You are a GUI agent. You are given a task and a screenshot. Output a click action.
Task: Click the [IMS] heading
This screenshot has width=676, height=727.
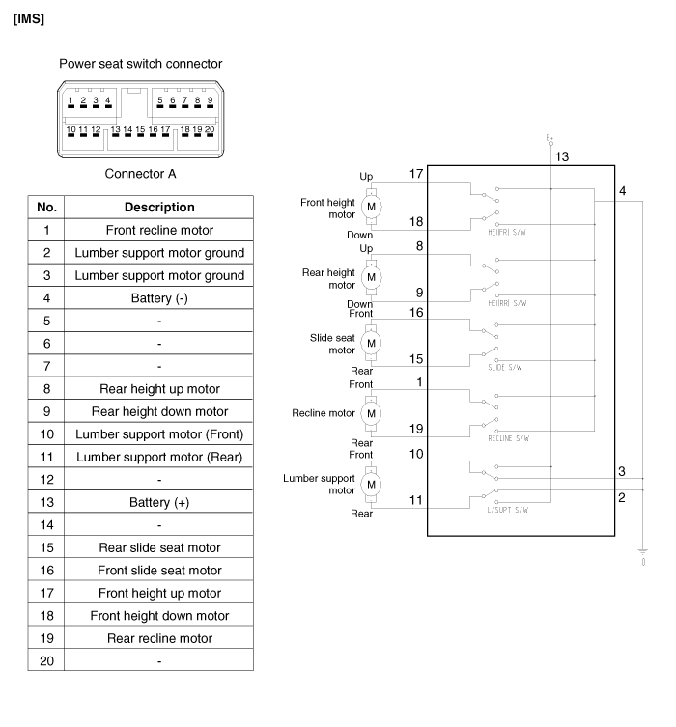[x=30, y=18]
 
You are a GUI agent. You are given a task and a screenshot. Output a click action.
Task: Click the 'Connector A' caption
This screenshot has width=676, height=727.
[x=140, y=174]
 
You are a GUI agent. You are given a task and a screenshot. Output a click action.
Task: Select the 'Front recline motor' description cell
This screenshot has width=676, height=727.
[x=159, y=230]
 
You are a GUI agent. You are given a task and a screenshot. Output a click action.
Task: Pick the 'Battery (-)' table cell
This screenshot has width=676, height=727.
[x=159, y=298]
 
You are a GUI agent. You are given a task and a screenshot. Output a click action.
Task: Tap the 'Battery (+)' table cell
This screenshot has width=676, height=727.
[x=159, y=502]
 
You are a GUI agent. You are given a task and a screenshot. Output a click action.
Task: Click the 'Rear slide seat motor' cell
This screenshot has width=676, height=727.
[x=159, y=547]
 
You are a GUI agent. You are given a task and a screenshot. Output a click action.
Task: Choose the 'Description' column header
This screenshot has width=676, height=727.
[x=159, y=207]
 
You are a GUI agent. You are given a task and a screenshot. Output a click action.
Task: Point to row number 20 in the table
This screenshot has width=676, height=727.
[x=46, y=660]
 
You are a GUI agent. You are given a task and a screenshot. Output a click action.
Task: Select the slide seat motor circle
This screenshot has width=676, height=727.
[x=371, y=343]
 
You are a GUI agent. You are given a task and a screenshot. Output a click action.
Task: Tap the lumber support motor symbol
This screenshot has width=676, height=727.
[x=371, y=483]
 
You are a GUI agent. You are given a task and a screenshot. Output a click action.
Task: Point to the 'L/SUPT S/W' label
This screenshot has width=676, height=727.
[x=508, y=509]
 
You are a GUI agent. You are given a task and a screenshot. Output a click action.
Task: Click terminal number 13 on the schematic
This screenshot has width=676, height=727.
[x=562, y=156]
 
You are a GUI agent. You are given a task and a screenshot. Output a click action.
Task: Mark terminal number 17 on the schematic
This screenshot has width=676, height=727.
[x=416, y=173]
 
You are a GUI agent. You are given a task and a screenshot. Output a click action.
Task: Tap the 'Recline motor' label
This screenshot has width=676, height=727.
[x=324, y=412]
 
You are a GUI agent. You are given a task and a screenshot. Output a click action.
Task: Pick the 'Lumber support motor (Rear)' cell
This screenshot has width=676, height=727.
[x=159, y=457]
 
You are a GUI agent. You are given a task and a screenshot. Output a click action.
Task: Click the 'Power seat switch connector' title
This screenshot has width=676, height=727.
[x=140, y=64]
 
